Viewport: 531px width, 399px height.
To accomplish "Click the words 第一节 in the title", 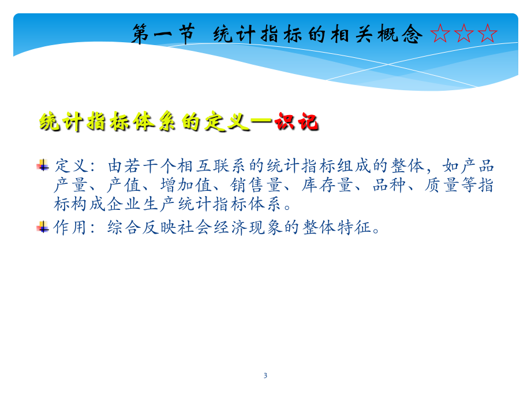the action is tap(163, 34).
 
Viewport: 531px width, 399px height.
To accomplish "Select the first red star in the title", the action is tap(440, 34).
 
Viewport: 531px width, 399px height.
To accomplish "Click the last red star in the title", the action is tap(487, 34).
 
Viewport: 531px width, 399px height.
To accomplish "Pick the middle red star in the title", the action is tap(463, 34).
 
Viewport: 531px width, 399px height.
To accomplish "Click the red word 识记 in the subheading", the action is tap(297, 121).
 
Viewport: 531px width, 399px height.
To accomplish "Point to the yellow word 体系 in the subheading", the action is tap(155, 121).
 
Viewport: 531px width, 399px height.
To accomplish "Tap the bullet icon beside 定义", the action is tap(43, 165).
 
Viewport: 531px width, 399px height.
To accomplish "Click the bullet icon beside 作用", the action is tap(43, 227).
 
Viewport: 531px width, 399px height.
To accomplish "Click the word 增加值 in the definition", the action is tap(186, 185).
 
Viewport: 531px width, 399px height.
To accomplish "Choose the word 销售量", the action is tap(257, 185).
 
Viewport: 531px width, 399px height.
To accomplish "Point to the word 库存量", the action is tap(328, 185).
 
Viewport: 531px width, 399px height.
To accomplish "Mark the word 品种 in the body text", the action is tap(390, 185).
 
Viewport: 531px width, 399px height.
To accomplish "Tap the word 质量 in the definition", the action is tap(442, 185).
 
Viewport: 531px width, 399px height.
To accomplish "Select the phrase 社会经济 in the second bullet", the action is tap(212, 227).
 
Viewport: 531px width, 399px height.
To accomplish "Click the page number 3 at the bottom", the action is tap(265, 376).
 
